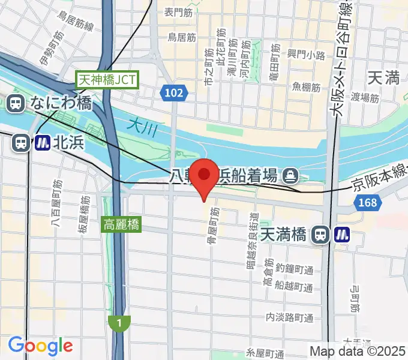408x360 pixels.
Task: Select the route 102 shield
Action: coord(174,92)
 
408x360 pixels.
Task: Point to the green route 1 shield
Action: coord(120,323)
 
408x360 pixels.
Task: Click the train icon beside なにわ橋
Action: coord(15,103)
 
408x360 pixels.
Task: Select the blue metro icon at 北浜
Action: coord(42,143)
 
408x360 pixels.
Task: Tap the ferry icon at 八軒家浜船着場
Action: coord(291,175)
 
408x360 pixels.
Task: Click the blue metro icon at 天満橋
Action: coord(343,234)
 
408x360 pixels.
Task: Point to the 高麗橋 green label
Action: coord(122,226)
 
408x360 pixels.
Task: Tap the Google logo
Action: coord(40,346)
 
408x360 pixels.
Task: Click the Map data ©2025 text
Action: coord(358,351)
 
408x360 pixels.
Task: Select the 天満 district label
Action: coord(383,77)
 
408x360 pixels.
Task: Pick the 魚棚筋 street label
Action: coord(306,87)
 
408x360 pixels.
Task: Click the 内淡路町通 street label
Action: coord(290,317)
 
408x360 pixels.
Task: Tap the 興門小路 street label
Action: coord(306,55)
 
